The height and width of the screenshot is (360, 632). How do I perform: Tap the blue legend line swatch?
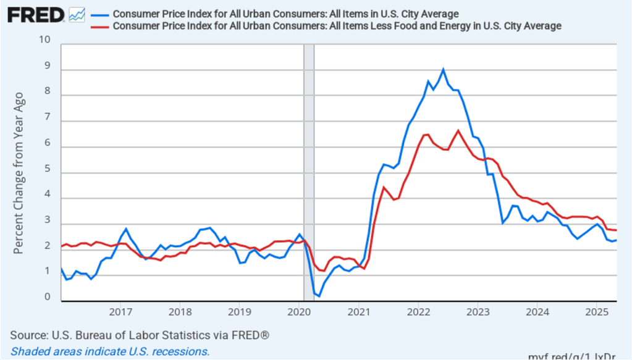click(x=99, y=14)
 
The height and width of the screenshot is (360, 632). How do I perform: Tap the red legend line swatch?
click(x=99, y=26)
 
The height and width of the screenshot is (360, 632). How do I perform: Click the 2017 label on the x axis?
click(x=120, y=311)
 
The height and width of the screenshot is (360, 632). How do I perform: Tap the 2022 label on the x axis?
click(x=418, y=311)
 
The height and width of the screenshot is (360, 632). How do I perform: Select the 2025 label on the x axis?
click(x=596, y=311)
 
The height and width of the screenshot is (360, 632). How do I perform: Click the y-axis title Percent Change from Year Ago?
click(x=19, y=173)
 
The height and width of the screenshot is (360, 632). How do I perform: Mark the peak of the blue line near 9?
click(x=443, y=70)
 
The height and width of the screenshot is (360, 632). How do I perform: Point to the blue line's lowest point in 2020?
click(x=319, y=296)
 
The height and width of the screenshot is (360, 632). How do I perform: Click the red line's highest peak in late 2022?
click(x=458, y=130)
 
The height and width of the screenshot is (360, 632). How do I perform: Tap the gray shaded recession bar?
click(x=309, y=173)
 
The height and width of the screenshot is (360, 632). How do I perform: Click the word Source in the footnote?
click(x=28, y=335)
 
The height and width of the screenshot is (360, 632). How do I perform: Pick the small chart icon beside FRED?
click(x=77, y=15)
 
